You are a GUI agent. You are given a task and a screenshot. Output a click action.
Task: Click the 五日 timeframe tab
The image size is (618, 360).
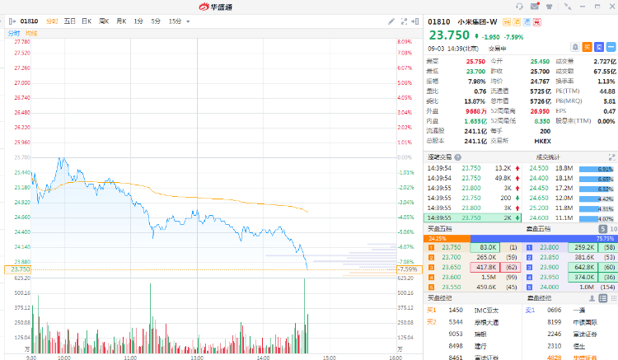click(x=69, y=21)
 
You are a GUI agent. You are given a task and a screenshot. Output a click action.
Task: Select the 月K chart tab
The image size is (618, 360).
click(x=121, y=21)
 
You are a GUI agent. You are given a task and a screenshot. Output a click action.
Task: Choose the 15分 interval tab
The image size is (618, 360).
click(x=175, y=21)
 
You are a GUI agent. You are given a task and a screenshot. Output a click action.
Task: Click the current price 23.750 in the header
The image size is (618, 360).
click(x=448, y=35)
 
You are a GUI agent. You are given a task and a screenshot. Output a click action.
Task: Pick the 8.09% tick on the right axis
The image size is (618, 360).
click(x=405, y=41)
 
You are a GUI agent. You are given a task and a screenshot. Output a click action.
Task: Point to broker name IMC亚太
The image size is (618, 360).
click(x=486, y=311)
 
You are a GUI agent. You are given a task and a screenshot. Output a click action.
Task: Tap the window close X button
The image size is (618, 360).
click(x=609, y=7)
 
